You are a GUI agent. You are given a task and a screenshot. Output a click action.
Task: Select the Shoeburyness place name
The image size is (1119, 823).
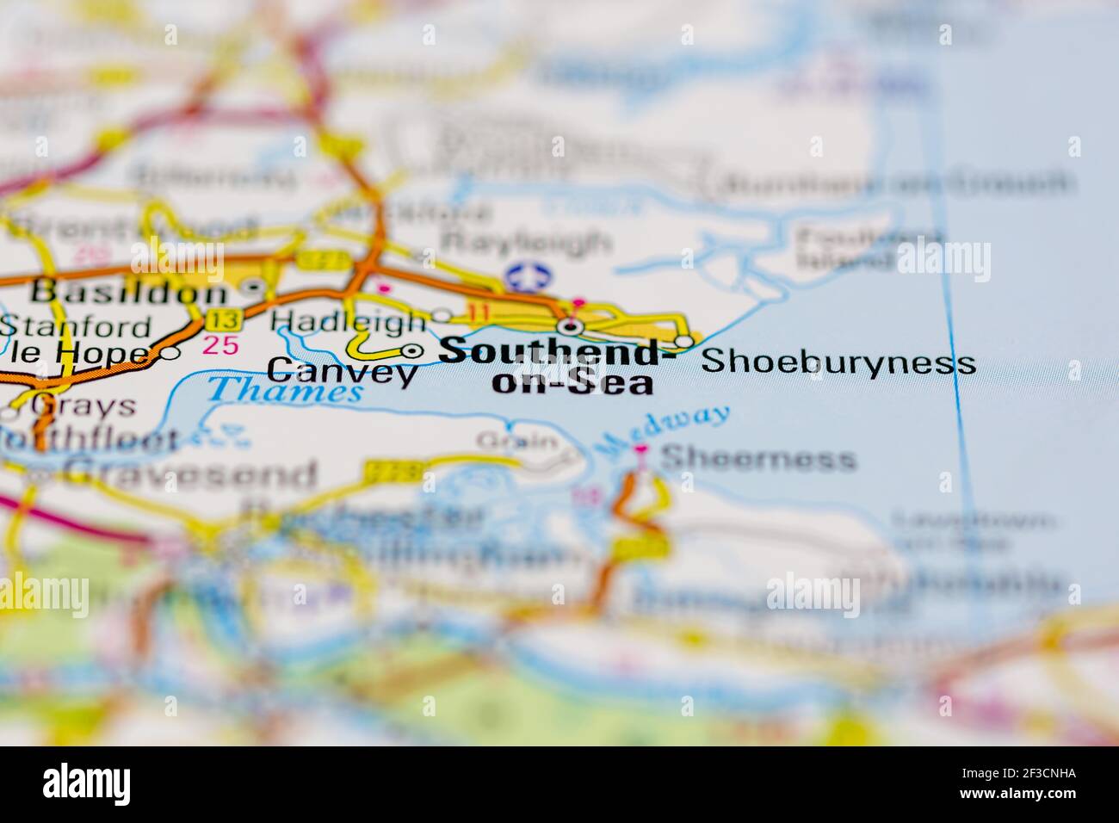(838, 362)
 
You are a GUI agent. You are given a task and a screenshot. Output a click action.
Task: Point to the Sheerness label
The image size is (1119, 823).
(758, 458)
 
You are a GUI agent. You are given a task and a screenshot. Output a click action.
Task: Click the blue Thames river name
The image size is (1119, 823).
(285, 392)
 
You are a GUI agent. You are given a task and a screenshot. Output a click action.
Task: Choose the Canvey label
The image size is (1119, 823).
(342, 373)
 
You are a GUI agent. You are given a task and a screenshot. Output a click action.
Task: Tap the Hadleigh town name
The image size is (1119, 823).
(348, 322)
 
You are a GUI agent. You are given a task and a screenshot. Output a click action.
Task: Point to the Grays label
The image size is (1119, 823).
(82, 405)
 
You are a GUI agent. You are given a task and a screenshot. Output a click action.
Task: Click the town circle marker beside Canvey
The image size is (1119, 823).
(413, 350)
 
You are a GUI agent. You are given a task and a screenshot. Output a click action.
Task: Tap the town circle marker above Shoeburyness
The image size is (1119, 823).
(683, 343)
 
